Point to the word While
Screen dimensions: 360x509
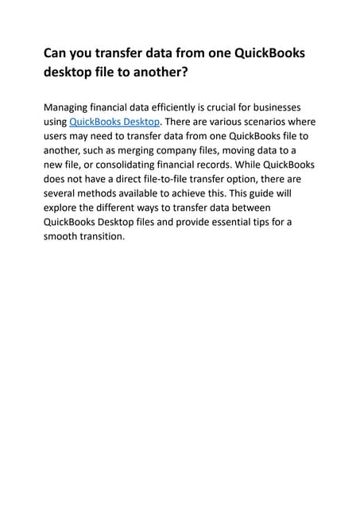[x=260, y=165]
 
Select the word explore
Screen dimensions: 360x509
[x=64, y=208]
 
